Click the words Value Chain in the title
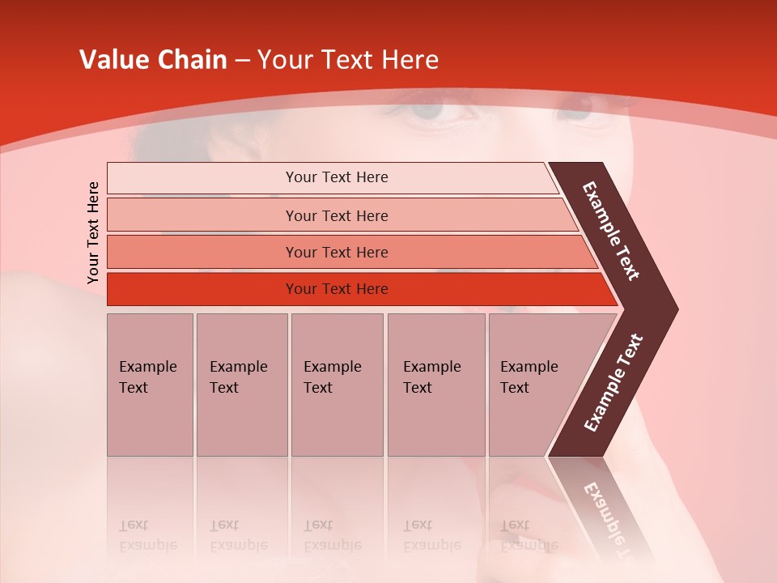(x=153, y=60)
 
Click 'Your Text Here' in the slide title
(x=348, y=60)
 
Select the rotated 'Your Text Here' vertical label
(x=93, y=232)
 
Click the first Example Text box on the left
(x=150, y=385)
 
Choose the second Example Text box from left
(x=241, y=385)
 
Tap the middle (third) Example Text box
(x=337, y=385)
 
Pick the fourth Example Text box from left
(x=435, y=385)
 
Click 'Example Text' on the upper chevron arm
(x=611, y=231)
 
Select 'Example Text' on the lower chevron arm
(x=614, y=382)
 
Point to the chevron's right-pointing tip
(x=673, y=309)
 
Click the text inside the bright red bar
(x=337, y=289)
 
